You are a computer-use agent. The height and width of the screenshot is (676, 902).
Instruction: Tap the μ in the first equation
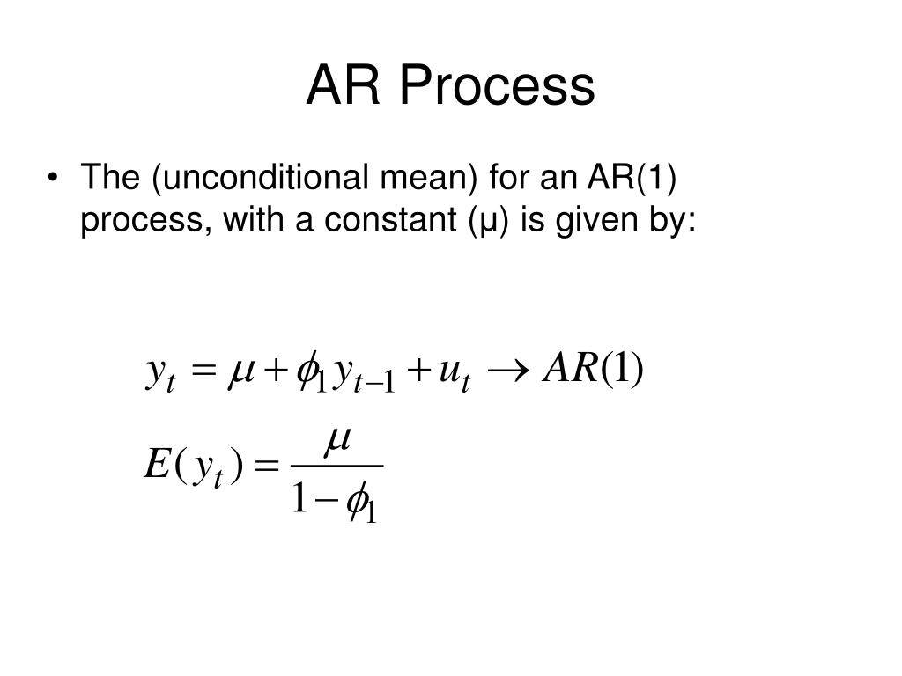[x=242, y=371]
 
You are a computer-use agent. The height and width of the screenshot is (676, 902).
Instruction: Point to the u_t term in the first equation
[x=453, y=373]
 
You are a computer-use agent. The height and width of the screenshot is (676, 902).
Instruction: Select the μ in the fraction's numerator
[x=337, y=442]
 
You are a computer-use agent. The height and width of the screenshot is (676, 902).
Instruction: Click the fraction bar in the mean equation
[x=336, y=465]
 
